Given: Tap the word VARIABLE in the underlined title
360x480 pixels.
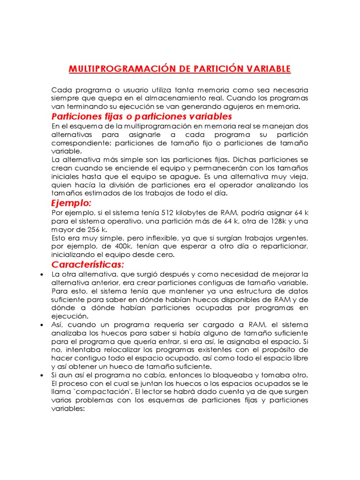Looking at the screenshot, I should point(266,69).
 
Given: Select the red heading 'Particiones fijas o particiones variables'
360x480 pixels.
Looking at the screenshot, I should point(142,116).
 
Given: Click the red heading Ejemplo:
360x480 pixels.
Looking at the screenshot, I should point(71,203).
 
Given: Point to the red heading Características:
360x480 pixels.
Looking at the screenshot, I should point(88,265).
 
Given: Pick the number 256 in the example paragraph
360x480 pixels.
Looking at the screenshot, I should point(95,230).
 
